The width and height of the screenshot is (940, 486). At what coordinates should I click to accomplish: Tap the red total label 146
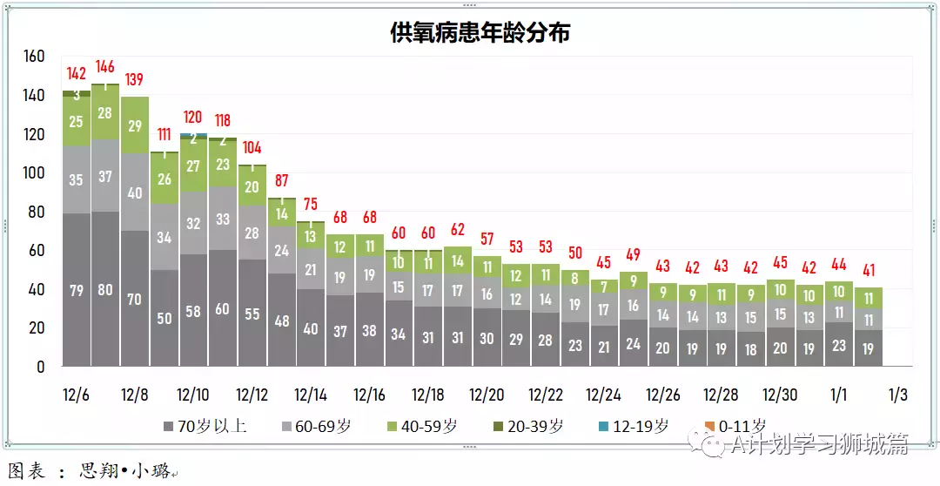click(105, 66)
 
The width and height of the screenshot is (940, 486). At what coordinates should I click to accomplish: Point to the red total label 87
click(282, 180)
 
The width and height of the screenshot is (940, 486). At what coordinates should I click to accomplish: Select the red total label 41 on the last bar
click(869, 270)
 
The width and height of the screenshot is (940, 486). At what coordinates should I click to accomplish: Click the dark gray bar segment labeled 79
click(77, 290)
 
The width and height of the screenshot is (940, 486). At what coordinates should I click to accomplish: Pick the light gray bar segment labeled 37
click(105, 177)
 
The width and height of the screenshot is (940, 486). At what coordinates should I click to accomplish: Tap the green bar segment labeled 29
click(135, 125)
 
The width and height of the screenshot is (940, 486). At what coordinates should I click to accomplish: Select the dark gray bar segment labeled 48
click(282, 321)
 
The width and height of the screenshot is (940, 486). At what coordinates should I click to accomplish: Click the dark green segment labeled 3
click(77, 94)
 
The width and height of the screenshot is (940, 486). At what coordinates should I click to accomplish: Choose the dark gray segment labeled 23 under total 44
click(839, 345)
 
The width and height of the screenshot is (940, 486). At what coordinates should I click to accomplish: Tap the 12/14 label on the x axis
click(311, 395)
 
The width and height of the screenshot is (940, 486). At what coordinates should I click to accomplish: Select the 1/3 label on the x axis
click(897, 395)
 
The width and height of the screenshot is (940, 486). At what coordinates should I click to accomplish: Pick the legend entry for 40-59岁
click(425, 426)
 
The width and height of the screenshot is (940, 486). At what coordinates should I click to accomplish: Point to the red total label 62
click(458, 230)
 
